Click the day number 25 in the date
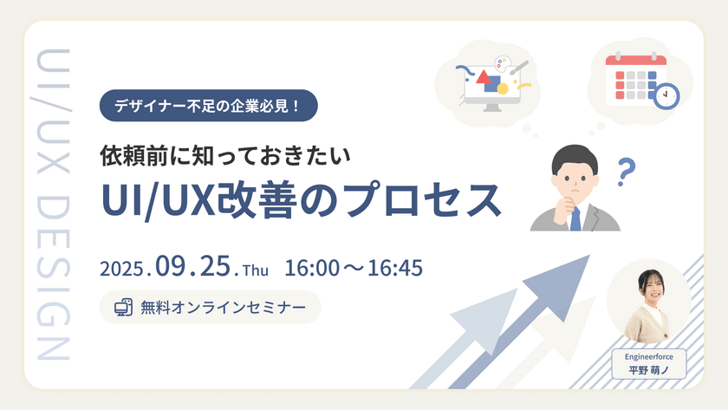click(214, 268)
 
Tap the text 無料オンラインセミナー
click(223, 307)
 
